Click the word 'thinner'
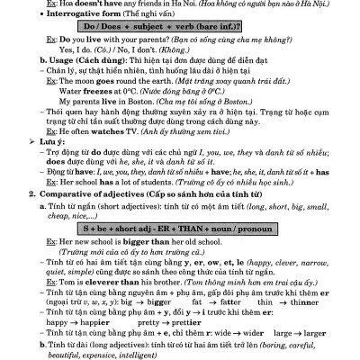click(x=320, y=301)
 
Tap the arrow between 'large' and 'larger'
click(x=304, y=331)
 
